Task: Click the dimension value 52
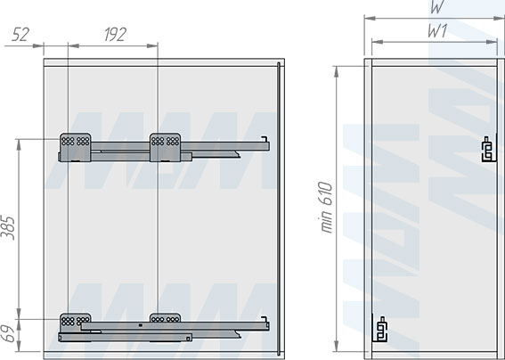point(20,35)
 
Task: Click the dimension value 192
point(115,35)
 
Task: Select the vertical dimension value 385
point(8,228)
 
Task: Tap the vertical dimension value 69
point(8,334)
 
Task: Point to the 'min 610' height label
point(327,208)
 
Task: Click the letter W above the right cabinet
point(437,6)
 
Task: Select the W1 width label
point(437,31)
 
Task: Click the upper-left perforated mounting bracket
point(75,147)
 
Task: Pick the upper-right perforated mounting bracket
point(166,147)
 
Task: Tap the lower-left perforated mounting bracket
point(75,322)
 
